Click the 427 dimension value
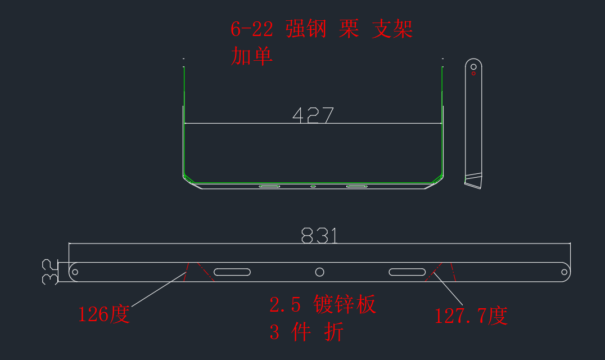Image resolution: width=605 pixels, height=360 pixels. pyautogui.click(x=313, y=115)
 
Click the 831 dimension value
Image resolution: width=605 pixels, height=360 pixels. pyautogui.click(x=319, y=235)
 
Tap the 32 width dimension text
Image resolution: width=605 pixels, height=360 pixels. pyautogui.click(x=50, y=272)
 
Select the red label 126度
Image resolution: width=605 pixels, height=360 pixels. pyautogui.click(x=104, y=314)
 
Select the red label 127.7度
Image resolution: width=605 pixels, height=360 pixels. pyautogui.click(x=471, y=316)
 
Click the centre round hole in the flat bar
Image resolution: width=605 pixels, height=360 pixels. pyautogui.click(x=319, y=272)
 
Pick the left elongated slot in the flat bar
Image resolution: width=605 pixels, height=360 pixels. pyautogui.click(x=232, y=272)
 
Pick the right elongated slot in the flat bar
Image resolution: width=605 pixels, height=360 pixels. pyautogui.click(x=407, y=272)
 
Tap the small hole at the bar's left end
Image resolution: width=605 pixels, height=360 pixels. pyautogui.click(x=75, y=272)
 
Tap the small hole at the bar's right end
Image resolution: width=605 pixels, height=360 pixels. pyautogui.click(x=564, y=272)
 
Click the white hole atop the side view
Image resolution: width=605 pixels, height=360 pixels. pyautogui.click(x=473, y=67)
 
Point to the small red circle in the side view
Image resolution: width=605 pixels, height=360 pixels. pyautogui.click(x=473, y=73)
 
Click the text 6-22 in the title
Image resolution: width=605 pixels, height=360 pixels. pyautogui.click(x=252, y=29)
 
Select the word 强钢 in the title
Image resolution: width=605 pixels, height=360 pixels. pyautogui.click(x=306, y=29)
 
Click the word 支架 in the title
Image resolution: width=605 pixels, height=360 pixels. pyautogui.click(x=392, y=29)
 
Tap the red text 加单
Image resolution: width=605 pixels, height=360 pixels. pyautogui.click(x=252, y=56)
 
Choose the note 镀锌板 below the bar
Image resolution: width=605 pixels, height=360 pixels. pyautogui.click(x=345, y=304)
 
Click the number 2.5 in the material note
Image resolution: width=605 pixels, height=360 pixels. pyautogui.click(x=285, y=305)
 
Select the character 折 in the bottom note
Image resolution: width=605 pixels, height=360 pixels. pyautogui.click(x=334, y=332)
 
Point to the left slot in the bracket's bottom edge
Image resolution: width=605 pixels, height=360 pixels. pyautogui.click(x=269, y=186)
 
